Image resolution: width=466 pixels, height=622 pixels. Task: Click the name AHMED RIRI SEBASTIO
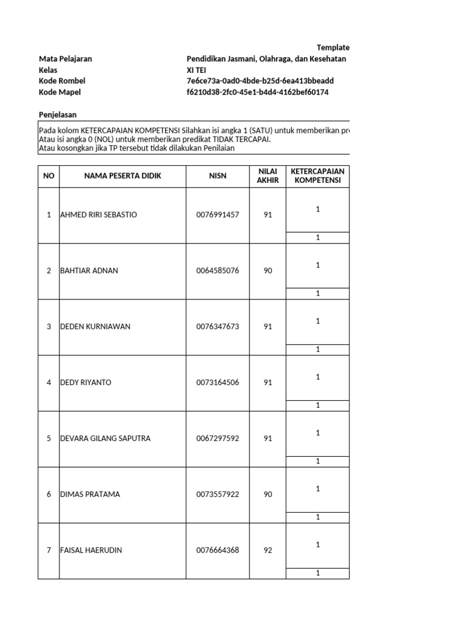(x=99, y=215)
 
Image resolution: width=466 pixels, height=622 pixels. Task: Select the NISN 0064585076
(x=218, y=271)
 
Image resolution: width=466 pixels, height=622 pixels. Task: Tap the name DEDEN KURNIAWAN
(x=95, y=327)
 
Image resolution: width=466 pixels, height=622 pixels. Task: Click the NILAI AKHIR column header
(x=268, y=176)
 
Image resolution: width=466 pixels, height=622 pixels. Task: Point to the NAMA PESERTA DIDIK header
(x=123, y=176)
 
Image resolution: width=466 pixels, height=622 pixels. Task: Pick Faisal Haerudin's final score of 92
(x=268, y=550)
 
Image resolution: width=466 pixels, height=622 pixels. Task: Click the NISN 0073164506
(x=218, y=383)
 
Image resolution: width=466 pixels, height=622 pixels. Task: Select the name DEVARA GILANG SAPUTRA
(x=106, y=439)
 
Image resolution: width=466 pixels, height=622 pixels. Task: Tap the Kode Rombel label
(x=62, y=81)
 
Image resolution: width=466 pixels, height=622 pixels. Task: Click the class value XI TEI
(x=197, y=70)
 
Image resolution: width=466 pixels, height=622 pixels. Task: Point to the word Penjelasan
(x=58, y=115)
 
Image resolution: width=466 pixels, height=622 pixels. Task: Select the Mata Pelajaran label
(x=66, y=59)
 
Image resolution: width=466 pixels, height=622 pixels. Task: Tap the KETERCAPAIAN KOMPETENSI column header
(x=317, y=176)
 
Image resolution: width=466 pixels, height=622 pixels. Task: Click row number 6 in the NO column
(x=49, y=494)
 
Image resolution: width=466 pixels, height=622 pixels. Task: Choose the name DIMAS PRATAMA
(x=90, y=494)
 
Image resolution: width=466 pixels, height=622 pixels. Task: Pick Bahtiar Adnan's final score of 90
(x=268, y=271)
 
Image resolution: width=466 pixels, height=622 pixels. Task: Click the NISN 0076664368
(x=218, y=550)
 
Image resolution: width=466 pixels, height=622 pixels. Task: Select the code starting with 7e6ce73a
(x=260, y=81)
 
